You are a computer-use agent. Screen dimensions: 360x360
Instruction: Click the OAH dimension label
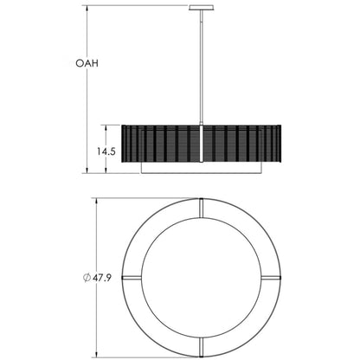tap(87, 63)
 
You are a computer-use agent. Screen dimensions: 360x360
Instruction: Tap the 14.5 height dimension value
tap(106, 151)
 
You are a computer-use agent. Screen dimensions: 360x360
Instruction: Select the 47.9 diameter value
tap(101, 278)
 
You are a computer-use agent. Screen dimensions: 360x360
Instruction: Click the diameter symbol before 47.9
tap(87, 278)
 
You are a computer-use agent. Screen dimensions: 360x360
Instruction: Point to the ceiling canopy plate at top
tap(202, 8)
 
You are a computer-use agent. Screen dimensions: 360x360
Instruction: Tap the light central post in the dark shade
tap(202, 144)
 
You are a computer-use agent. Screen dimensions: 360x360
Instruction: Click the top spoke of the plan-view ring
tap(202, 208)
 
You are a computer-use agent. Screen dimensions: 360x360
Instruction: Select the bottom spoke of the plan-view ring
tap(202, 347)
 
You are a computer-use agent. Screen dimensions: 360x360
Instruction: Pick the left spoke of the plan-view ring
tap(132, 278)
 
